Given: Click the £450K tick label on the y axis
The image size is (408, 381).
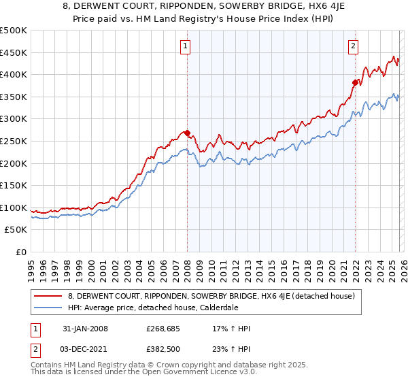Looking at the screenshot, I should click(x=14, y=52).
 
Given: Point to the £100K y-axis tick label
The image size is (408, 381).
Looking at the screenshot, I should click(x=14, y=208).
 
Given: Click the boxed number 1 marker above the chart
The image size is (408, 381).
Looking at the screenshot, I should click(x=185, y=46).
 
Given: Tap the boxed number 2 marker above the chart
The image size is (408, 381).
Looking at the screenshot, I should click(x=354, y=46).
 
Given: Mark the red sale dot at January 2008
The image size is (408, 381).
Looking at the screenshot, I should click(x=187, y=133).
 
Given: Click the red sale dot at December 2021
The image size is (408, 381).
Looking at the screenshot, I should click(x=354, y=82).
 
